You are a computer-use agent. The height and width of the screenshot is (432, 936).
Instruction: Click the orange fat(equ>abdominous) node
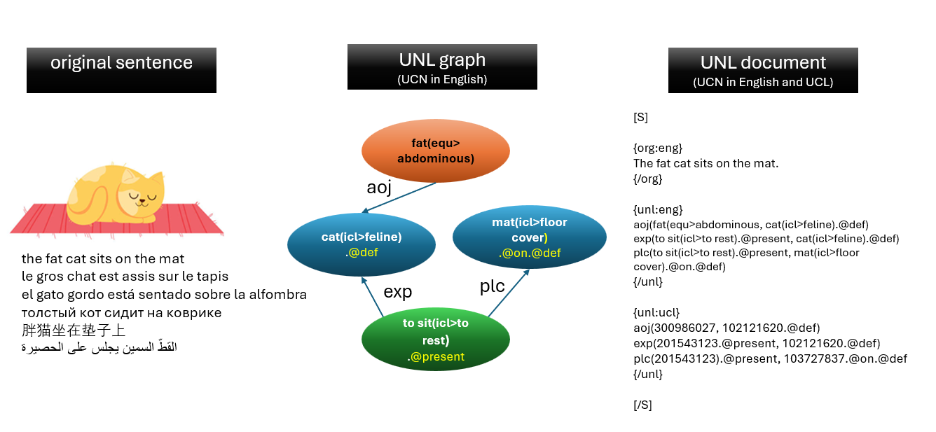tap(435, 151)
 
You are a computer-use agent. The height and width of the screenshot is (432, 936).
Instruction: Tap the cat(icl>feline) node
tap(361, 244)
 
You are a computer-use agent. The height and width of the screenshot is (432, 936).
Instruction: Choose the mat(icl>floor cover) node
tap(529, 238)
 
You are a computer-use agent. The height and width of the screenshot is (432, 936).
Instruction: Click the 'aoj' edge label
tap(378, 188)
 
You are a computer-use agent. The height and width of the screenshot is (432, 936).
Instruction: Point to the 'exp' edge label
tap(397, 291)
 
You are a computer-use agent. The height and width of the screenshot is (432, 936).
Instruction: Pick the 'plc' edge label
tap(492, 286)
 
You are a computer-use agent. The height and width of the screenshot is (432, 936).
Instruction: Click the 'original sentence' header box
tap(121, 69)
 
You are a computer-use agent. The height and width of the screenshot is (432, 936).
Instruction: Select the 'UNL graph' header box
tap(442, 67)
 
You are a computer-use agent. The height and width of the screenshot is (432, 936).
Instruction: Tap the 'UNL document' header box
tap(762, 70)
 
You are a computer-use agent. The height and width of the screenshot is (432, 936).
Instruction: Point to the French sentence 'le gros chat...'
tap(125, 276)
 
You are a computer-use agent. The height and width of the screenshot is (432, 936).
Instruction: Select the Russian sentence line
tap(121, 312)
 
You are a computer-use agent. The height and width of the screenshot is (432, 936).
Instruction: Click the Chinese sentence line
tap(74, 330)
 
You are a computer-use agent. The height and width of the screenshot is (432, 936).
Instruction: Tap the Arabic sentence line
tap(99, 347)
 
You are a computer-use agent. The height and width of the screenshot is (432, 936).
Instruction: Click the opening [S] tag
tap(640, 118)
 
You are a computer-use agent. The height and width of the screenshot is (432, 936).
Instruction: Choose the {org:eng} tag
tap(657, 148)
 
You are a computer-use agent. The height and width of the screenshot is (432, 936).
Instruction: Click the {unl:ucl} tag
tap(656, 312)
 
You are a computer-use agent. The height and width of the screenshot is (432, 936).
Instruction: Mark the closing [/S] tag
tap(642, 405)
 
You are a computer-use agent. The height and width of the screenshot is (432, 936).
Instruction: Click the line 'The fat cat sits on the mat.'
tap(706, 164)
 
